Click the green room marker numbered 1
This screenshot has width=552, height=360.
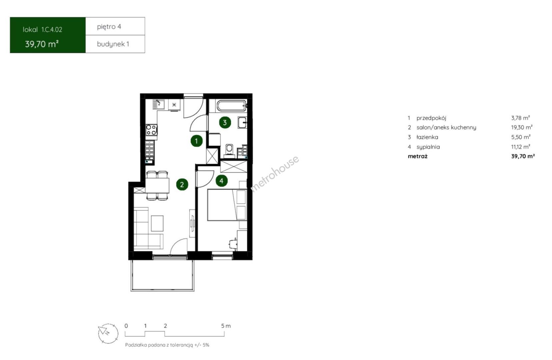click(x=196, y=141)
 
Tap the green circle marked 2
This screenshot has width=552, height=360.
click(x=182, y=185)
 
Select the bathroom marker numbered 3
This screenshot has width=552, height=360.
click(x=225, y=122)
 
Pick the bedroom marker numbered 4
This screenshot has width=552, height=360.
click(x=222, y=181)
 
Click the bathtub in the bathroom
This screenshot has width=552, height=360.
click(x=231, y=106)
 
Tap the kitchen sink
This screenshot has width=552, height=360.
click(x=158, y=104)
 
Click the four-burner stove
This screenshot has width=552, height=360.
click(x=151, y=130)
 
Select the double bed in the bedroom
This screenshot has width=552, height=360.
click(x=227, y=205)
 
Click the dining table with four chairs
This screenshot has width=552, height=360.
click(x=157, y=185)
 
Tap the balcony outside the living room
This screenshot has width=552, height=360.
click(x=162, y=275)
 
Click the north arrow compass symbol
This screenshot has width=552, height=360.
click(x=108, y=333)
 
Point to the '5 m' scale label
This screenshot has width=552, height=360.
click(x=226, y=326)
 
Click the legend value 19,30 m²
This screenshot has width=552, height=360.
click(x=522, y=127)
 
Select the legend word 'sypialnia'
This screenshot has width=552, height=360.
click(x=428, y=147)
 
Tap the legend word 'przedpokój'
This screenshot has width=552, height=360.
click(x=431, y=118)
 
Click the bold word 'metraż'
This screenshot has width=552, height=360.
click(x=418, y=156)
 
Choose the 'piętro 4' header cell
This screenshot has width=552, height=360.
click(x=115, y=26)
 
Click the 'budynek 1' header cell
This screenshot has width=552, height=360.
click(x=115, y=44)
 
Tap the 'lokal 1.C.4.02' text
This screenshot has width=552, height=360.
click(x=42, y=30)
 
